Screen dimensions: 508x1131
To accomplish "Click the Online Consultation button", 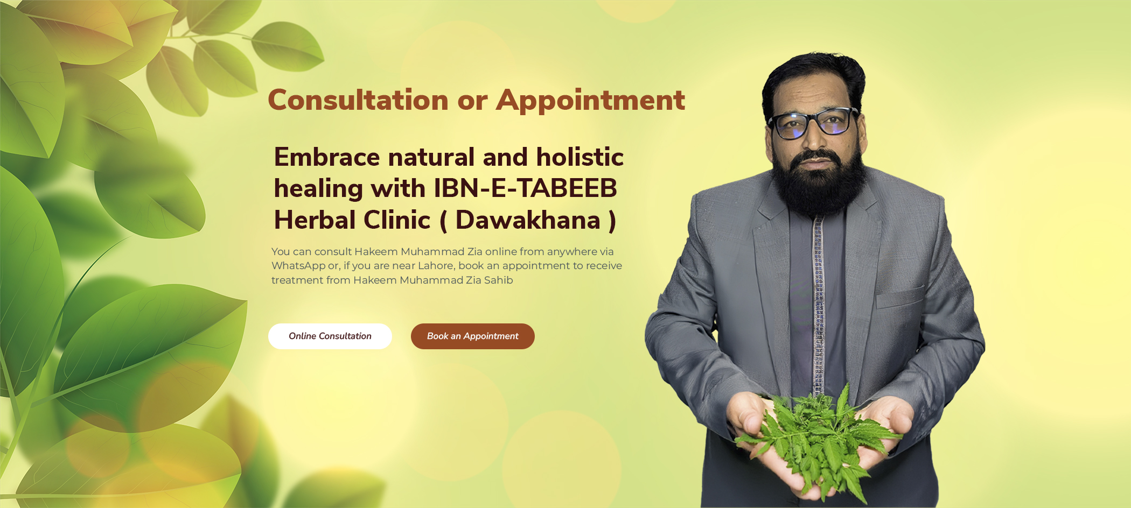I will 330,336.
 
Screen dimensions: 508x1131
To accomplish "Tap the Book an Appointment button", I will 472,336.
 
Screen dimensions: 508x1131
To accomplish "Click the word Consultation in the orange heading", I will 358,100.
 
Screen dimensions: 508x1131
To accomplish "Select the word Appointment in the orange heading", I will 590,100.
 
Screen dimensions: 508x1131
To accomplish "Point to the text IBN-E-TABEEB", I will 526,188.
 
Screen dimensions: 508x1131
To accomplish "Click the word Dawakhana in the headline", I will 528,220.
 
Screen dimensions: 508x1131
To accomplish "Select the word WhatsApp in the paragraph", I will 298,266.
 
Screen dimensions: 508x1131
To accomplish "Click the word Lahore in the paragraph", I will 435,266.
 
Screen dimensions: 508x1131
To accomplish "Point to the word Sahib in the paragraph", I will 498,280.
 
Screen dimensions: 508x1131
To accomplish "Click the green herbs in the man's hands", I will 819,436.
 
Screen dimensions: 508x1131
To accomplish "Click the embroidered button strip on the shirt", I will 819,301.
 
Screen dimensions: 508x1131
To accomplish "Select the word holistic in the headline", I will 580,157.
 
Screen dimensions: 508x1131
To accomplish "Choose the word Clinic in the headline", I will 397,220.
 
